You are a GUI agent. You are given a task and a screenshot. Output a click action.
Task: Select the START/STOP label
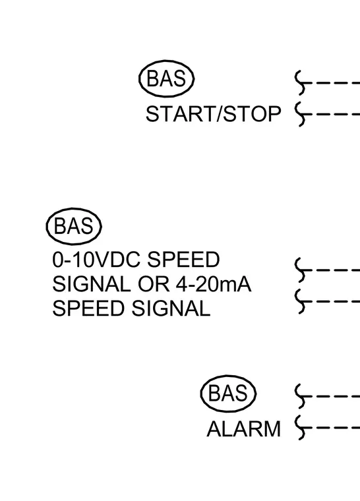(213, 114)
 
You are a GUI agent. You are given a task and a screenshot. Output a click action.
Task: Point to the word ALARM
(243, 428)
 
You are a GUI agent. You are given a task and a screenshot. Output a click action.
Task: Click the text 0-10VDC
(96, 260)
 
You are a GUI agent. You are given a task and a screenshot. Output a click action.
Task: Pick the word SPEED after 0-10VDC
(183, 260)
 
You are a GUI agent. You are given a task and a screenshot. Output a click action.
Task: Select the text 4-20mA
(214, 284)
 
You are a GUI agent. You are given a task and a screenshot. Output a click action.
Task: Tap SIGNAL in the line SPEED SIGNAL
(171, 309)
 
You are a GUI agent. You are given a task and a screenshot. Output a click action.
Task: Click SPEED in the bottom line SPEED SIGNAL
(88, 309)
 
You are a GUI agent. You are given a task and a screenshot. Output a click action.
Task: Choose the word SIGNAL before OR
(92, 284)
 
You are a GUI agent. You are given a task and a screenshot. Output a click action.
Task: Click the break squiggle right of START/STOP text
(301, 115)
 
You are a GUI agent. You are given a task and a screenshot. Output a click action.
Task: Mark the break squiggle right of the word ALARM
(301, 428)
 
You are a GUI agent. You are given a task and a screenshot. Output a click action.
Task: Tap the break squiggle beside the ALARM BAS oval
(301, 397)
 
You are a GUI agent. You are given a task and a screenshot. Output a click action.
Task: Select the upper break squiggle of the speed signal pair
(301, 270)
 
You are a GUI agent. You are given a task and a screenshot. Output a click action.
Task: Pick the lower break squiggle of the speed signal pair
(301, 302)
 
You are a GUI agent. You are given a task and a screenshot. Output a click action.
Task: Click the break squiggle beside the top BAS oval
(301, 83)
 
